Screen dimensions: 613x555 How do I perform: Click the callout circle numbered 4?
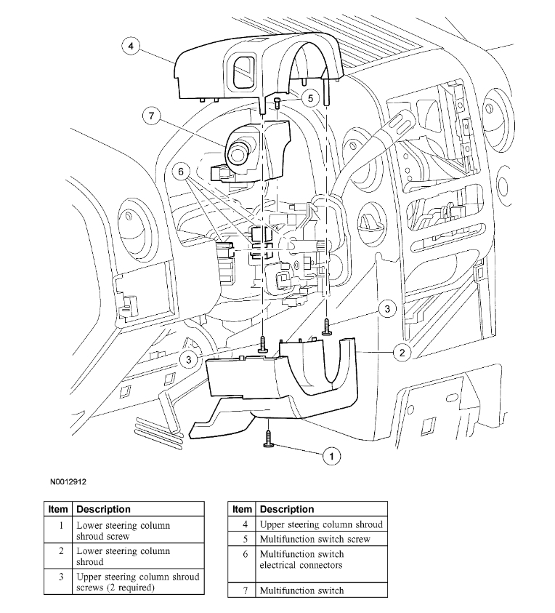tap(130, 47)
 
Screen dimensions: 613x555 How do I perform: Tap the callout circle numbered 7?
tap(150, 115)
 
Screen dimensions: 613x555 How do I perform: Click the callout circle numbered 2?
tap(401, 353)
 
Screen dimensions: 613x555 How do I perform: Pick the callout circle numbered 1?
tap(331, 455)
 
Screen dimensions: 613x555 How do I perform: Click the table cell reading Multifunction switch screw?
tap(315, 539)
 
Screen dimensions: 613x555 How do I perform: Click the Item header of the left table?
tap(58, 509)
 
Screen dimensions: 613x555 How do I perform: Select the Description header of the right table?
tap(287, 509)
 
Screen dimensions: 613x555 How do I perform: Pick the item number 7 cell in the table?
tap(245, 590)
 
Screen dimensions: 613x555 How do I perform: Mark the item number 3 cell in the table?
tap(61, 582)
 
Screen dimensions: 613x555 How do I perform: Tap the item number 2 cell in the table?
tap(61, 556)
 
